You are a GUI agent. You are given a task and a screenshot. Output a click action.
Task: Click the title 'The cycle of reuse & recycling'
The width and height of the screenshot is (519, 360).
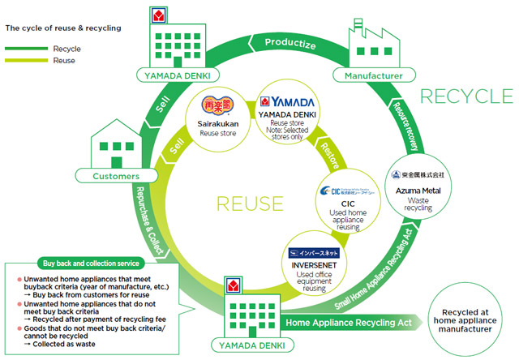(62, 28)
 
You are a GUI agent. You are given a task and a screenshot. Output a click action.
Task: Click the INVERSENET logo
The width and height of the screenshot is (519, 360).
(312, 253)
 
